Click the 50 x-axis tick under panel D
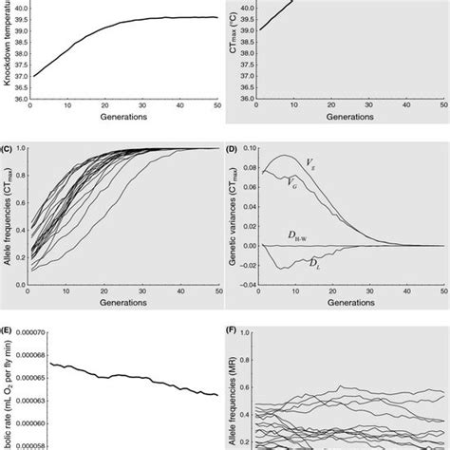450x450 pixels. [x=427, y=305]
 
